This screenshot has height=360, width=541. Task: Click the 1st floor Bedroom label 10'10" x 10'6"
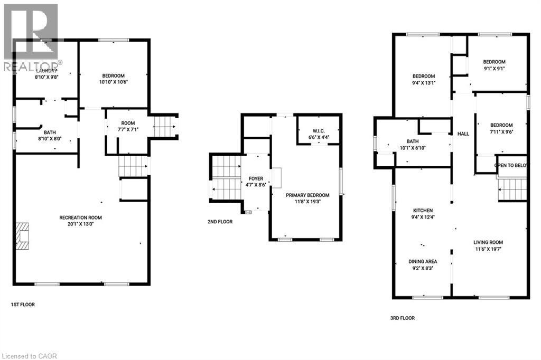click(114, 78)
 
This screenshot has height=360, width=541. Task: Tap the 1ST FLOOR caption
click(23, 305)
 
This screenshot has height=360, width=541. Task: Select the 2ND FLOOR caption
click(220, 222)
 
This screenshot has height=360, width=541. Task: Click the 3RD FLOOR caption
click(402, 318)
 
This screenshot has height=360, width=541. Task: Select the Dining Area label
click(422, 264)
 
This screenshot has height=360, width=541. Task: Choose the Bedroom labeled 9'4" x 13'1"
click(423, 79)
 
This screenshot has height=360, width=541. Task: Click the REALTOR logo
click(31, 37)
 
